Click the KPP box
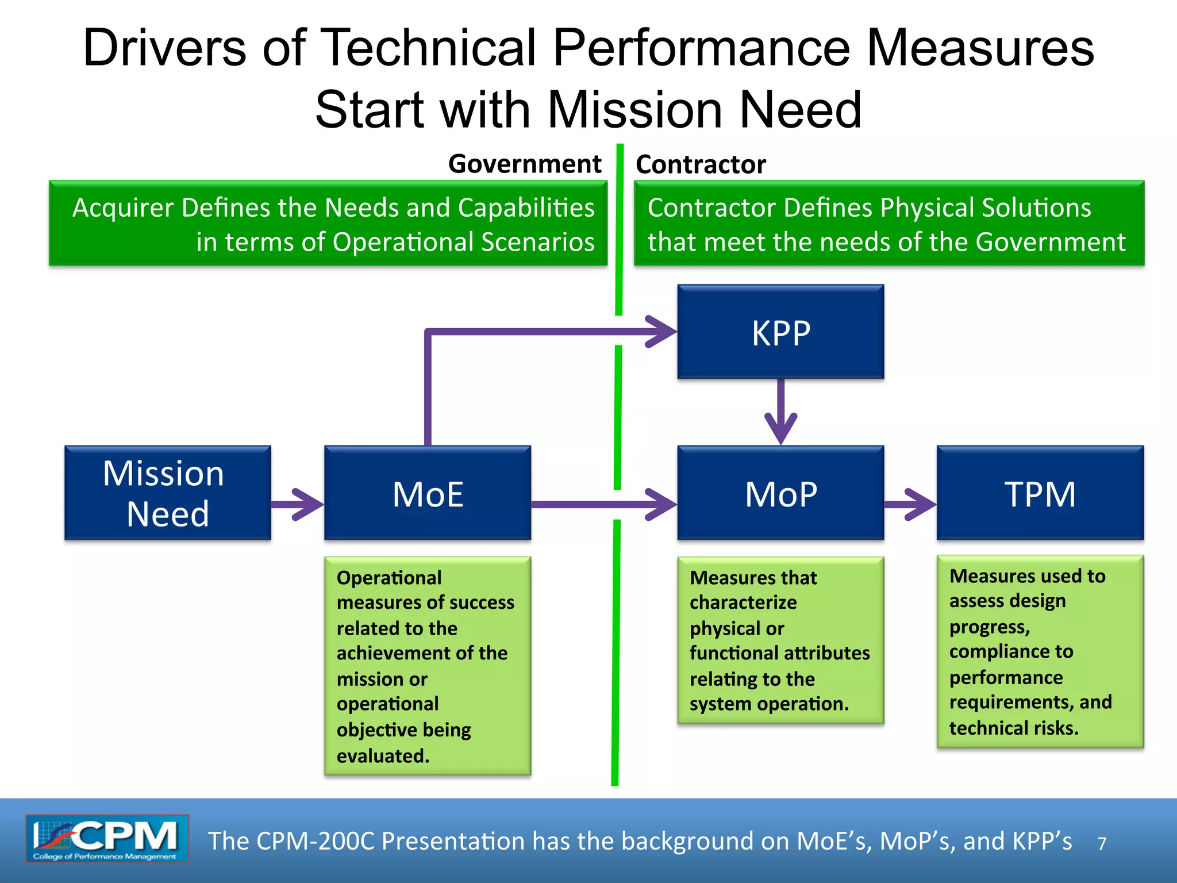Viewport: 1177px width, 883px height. (x=780, y=332)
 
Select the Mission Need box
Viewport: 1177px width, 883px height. (x=167, y=493)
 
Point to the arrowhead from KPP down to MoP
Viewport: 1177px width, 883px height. (x=780, y=428)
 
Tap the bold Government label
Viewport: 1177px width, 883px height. (x=524, y=164)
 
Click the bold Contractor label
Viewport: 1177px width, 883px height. (x=701, y=164)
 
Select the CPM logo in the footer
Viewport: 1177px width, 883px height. (x=107, y=838)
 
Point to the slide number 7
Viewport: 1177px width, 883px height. (x=1102, y=843)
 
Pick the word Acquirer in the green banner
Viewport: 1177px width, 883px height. (x=123, y=208)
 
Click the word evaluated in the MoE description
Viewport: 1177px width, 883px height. (x=382, y=755)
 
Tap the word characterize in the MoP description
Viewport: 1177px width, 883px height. (x=743, y=602)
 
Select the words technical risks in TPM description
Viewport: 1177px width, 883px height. (x=1013, y=728)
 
